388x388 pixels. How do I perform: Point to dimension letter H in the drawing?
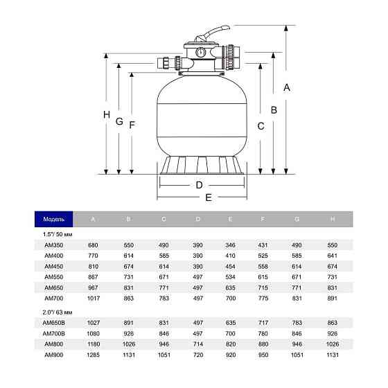(106, 115)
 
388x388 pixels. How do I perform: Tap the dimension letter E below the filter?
(209, 197)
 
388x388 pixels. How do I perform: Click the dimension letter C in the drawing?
(261, 126)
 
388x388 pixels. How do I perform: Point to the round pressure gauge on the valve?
(199, 52)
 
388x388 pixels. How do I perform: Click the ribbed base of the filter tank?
(202, 166)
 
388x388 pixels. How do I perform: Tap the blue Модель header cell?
(54, 220)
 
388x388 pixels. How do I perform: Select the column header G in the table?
(297, 220)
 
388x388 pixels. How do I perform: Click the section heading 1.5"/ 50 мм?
(58, 235)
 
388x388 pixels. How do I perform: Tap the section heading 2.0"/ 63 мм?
(58, 312)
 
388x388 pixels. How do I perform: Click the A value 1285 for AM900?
(93, 354)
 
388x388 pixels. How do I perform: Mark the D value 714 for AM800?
(198, 344)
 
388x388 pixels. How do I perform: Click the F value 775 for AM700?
(263, 298)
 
